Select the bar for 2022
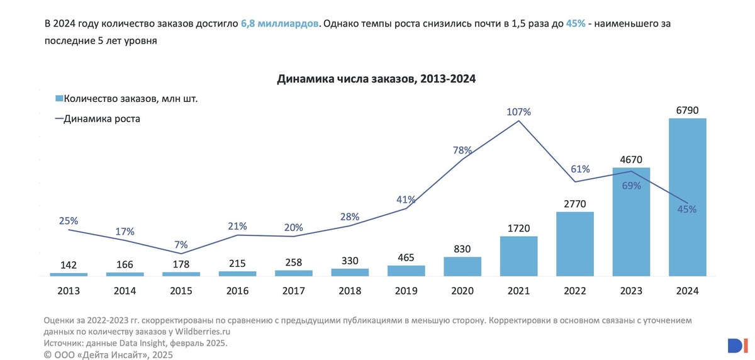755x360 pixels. click(x=574, y=244)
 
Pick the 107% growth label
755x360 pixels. click(x=519, y=112)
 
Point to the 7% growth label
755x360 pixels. click(x=181, y=245)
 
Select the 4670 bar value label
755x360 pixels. click(x=631, y=160)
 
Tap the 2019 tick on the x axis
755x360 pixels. click(x=406, y=291)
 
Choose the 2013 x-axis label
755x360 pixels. click(x=69, y=291)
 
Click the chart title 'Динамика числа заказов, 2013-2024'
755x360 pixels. click(x=376, y=79)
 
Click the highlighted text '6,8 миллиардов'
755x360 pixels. click(x=279, y=24)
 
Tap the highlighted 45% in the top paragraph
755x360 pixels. click(x=575, y=24)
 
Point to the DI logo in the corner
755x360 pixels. click(x=735, y=345)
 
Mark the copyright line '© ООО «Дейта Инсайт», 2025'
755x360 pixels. click(x=108, y=355)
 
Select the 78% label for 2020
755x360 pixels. click(x=462, y=150)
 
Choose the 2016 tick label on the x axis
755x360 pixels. click(x=237, y=291)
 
